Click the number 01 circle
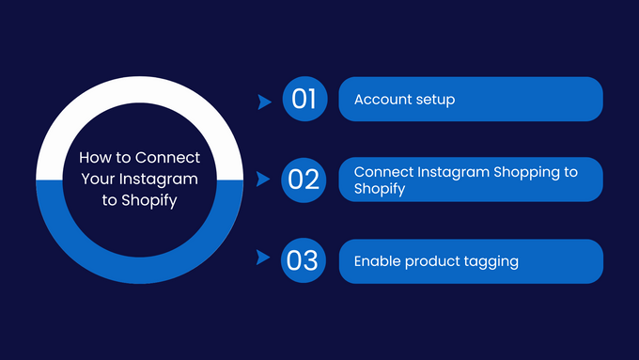coord(304,100)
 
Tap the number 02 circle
coord(304,179)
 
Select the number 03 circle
coord(304,260)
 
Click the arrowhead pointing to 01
coord(264,100)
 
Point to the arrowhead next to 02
coord(264,179)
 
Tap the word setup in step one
coord(435,100)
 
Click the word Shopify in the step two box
coord(379,188)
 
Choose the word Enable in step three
coord(377,261)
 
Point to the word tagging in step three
coord(489,262)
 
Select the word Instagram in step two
coord(442,172)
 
